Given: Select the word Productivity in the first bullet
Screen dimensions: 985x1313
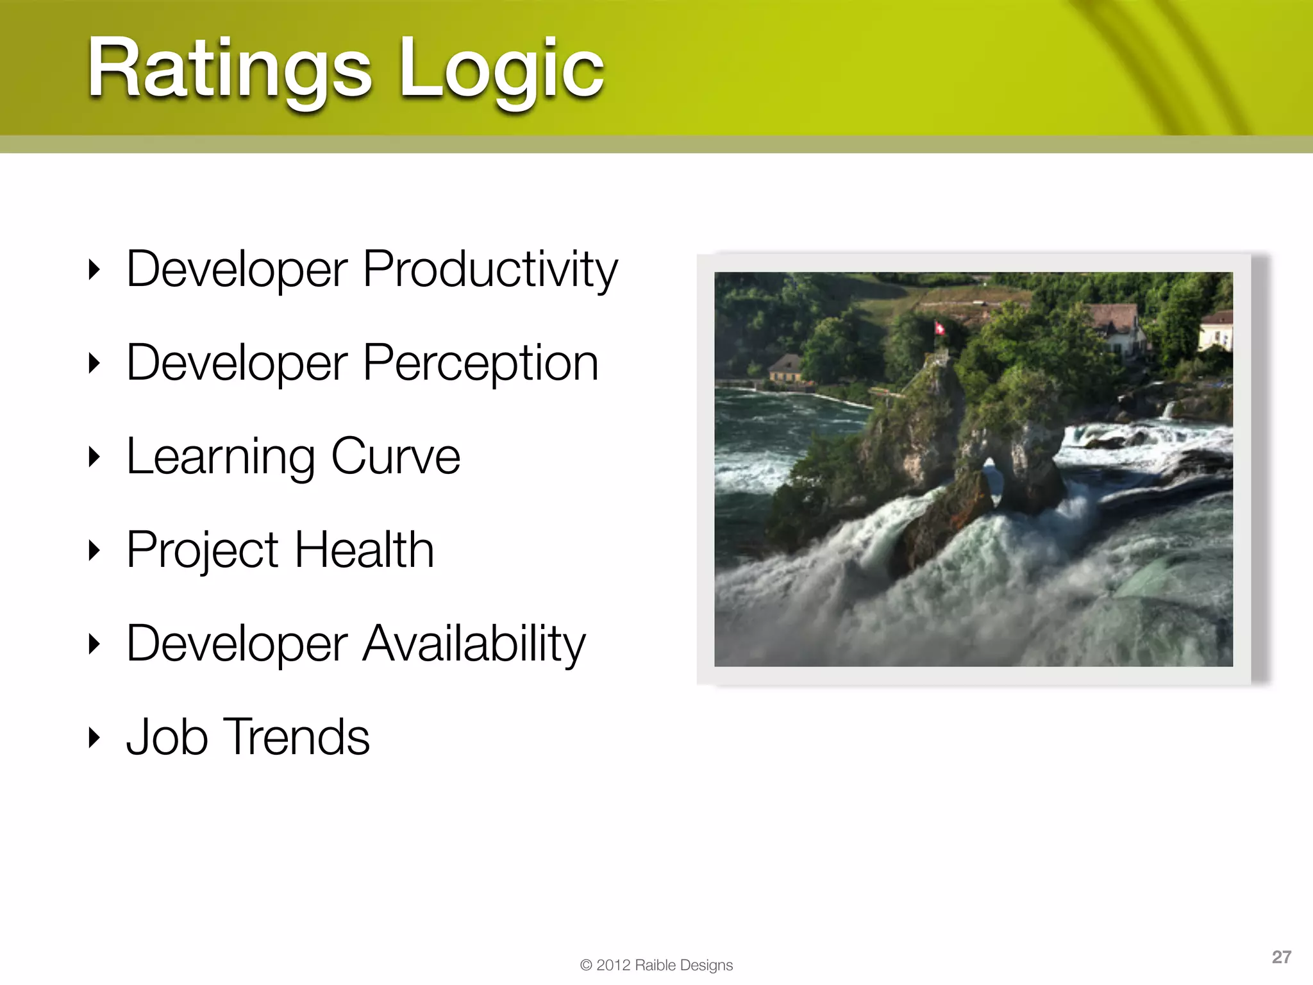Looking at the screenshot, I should (490, 269).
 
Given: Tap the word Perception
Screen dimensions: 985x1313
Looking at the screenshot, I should (481, 363).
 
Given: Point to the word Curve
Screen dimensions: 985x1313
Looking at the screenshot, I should (396, 457).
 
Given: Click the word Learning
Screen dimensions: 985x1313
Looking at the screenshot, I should (220, 457).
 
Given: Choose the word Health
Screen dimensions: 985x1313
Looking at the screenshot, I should (364, 550).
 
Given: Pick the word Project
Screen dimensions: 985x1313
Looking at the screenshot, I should (202, 550).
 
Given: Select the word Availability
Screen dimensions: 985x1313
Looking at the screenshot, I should (474, 644).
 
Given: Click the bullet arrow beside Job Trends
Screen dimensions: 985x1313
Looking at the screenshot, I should (94, 737).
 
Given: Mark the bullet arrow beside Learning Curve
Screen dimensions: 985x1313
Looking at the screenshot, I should (94, 457).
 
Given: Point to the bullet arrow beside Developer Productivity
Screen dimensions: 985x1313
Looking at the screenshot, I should (94, 270).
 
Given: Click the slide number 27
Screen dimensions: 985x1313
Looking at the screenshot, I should (1281, 957).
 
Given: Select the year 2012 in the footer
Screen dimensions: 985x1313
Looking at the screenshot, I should (614, 965).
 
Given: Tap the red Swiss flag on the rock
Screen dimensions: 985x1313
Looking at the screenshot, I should (939, 328).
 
